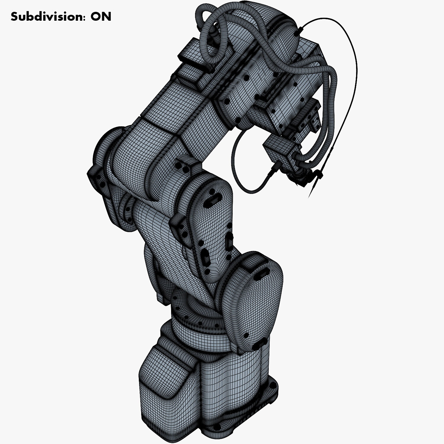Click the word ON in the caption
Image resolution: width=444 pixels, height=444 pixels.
[x=101, y=17]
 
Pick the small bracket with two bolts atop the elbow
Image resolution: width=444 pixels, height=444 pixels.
[x=186, y=165]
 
